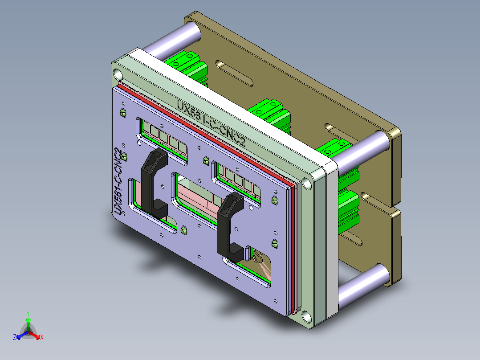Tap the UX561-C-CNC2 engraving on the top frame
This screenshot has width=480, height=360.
coord(211,123)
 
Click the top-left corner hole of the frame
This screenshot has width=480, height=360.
coord(117,73)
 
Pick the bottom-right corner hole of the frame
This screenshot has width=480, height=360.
coord(306,317)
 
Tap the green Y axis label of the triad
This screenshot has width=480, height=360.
coord(28,313)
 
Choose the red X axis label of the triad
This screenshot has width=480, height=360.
coord(42,338)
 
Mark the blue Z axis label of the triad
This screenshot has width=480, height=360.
coord(15,338)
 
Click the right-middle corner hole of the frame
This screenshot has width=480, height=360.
coord(307,183)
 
